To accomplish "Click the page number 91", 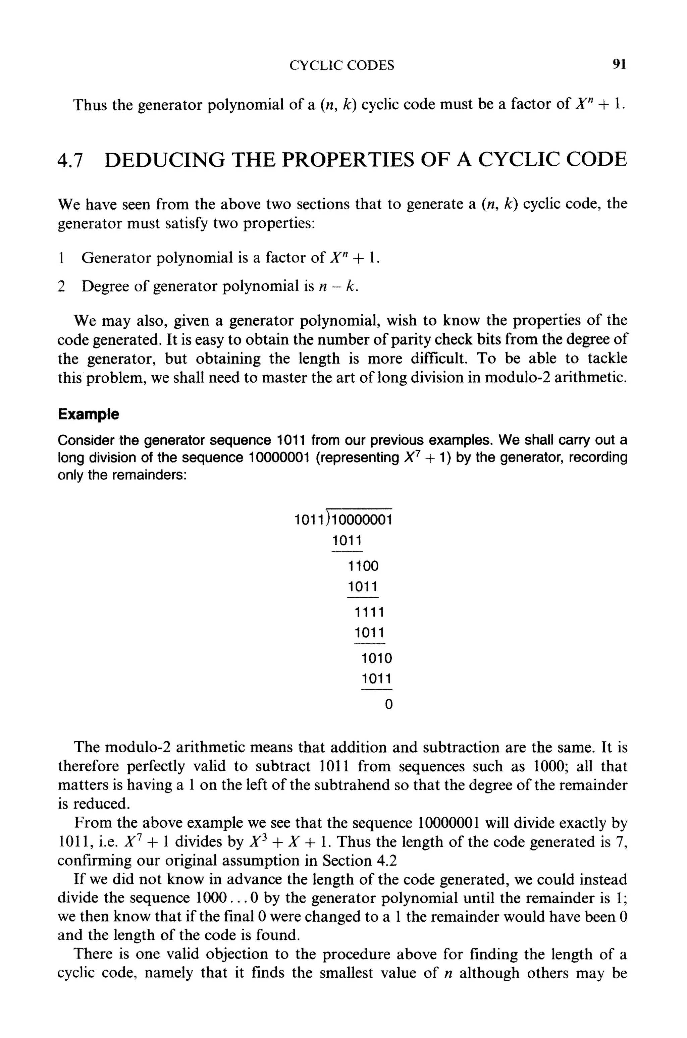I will pyautogui.click(x=619, y=64).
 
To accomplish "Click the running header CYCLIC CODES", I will pyautogui.click(x=342, y=66).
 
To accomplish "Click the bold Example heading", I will pyautogui.click(x=88, y=414).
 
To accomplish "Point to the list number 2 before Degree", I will pyautogui.click(x=62, y=286).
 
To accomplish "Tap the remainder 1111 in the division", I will pyautogui.click(x=369, y=612).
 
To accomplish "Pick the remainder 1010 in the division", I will pyautogui.click(x=377, y=658).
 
